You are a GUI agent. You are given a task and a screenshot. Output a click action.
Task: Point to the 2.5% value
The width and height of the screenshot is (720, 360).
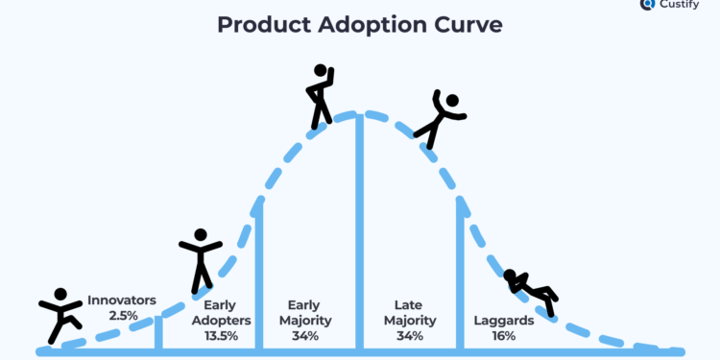pos(122,315)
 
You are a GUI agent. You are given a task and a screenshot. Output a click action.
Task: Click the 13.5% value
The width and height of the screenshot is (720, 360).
pos(222,336)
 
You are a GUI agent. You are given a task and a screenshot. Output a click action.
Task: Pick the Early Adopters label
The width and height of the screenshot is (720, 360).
pos(222,313)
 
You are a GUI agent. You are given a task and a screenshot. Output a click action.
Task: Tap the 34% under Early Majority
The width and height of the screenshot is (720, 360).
pos(305,336)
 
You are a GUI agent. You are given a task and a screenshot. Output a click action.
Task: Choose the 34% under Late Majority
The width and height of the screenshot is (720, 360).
pos(410,336)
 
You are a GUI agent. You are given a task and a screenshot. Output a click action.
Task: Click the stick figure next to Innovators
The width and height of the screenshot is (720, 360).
pos(60,316)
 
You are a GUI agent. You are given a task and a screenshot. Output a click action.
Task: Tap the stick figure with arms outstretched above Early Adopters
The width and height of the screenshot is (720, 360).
pos(201,260)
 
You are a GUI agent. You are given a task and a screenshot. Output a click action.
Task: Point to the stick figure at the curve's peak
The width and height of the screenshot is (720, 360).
pos(320,96)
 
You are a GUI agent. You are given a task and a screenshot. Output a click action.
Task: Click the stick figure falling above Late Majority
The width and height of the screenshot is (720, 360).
pos(440,118)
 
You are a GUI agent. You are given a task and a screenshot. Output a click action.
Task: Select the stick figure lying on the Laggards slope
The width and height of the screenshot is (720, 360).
pos(531,289)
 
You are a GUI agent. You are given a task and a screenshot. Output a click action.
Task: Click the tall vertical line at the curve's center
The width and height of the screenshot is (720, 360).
pos(359,230)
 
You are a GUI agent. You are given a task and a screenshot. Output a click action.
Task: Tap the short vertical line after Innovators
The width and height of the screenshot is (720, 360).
pos(159,332)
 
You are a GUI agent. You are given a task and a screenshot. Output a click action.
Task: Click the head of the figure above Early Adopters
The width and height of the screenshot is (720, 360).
pos(201,234)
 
